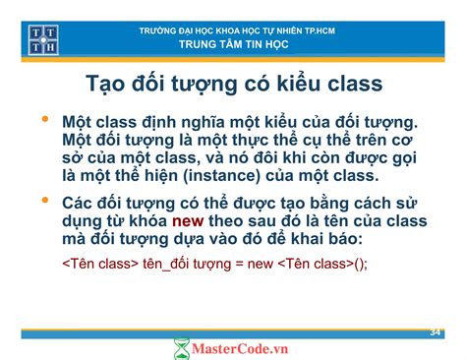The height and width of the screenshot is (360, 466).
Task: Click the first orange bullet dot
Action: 44,121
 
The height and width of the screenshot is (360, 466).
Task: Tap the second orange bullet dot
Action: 44,201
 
